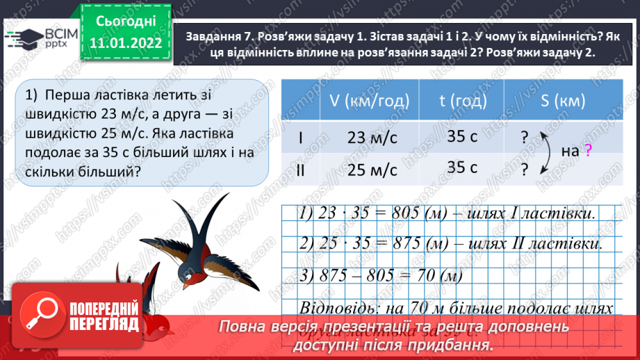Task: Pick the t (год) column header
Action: pos(461,100)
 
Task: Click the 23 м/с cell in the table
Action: pos(372,137)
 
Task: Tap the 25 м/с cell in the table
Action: pos(372,170)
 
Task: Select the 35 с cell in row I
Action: pos(462,136)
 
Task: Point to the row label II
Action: pos(300,170)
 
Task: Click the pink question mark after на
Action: pos(588,150)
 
